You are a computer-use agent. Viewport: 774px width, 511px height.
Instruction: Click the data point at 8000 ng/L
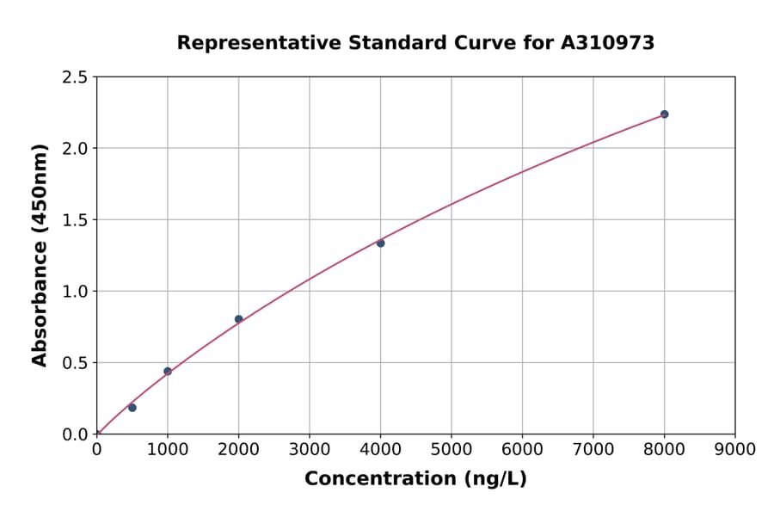tap(664, 114)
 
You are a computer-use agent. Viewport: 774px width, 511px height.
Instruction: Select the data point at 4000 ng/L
tap(380, 243)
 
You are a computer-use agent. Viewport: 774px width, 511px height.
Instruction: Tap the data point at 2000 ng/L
tap(238, 319)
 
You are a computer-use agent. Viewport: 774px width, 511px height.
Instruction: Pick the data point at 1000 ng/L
tap(168, 372)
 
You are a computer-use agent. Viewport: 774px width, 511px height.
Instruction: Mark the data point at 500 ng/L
tap(132, 408)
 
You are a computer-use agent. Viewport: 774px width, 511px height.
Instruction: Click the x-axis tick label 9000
tap(734, 449)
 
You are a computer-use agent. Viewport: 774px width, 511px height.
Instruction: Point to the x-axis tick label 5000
tap(451, 449)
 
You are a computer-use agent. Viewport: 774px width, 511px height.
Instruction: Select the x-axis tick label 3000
tap(309, 449)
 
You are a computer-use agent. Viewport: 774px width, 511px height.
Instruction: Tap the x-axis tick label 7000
tap(593, 449)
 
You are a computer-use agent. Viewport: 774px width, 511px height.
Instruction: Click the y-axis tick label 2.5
tap(76, 77)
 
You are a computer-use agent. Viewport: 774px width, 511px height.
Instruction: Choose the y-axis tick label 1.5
tap(76, 220)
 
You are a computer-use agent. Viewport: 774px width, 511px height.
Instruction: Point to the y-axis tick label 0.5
tap(76, 363)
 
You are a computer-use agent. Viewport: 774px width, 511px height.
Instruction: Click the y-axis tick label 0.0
tap(76, 434)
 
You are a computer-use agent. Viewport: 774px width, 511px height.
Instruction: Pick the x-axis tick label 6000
tap(522, 449)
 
